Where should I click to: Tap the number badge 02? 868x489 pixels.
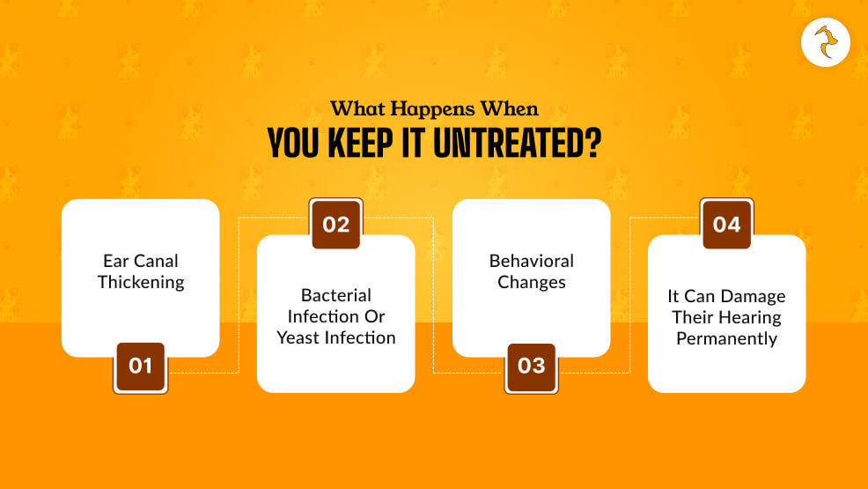(335, 224)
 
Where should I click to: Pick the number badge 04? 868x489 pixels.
(726, 224)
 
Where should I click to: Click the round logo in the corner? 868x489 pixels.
(825, 42)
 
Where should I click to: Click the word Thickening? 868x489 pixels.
(141, 283)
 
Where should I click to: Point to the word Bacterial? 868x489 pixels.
(336, 295)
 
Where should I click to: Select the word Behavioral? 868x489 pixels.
(532, 261)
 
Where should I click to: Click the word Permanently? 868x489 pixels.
(727, 338)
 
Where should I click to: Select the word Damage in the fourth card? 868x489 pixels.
(754, 296)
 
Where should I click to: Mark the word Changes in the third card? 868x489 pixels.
(532, 283)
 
